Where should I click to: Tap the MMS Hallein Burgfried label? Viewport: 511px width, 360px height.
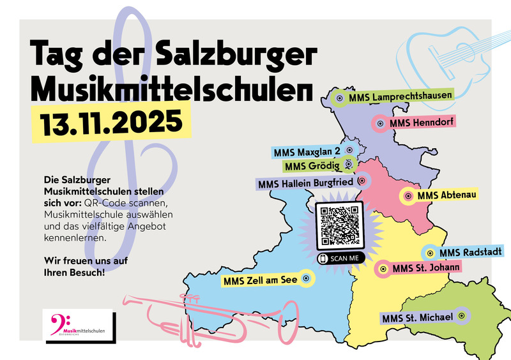pos(304,184)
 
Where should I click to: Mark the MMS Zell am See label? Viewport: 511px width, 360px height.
pos(261,280)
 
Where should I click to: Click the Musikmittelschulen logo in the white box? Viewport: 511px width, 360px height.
pos(77,325)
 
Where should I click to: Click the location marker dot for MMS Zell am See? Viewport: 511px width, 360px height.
pos(306,278)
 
